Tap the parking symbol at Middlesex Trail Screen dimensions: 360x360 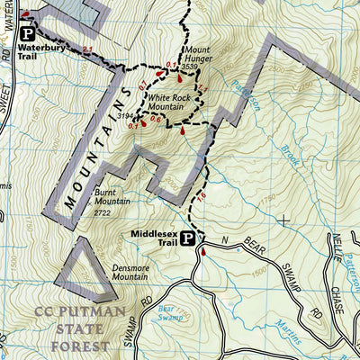[x=188, y=238]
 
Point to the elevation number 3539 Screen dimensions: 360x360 [x=190, y=67]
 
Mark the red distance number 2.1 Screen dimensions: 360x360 [x=87, y=49]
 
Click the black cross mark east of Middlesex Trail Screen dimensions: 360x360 [x=284, y=219]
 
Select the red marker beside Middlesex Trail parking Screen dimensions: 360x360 [x=203, y=254]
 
